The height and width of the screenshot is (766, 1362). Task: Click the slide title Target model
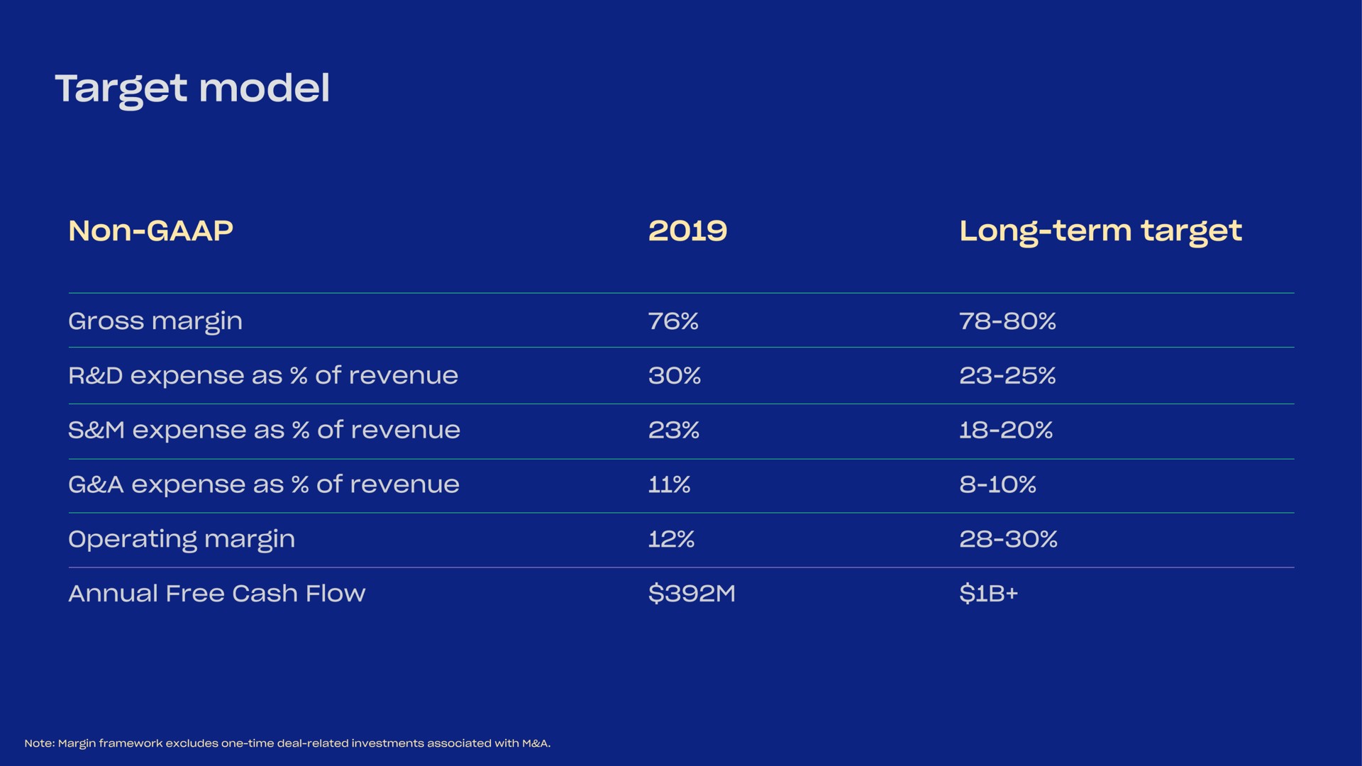click(x=192, y=90)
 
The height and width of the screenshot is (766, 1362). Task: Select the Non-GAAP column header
click(x=150, y=231)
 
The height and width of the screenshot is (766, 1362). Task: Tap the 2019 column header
click(x=687, y=231)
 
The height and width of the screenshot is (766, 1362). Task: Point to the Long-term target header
click(x=1100, y=232)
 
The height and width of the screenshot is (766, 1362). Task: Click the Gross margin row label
click(x=155, y=322)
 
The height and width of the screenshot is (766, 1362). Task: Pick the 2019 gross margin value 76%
click(x=673, y=321)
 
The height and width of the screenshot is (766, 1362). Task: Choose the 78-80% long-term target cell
click(x=1007, y=321)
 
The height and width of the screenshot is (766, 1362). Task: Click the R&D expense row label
click(x=263, y=376)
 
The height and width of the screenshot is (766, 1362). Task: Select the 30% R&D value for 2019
click(x=674, y=375)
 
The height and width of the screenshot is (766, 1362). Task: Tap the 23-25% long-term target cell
click(x=1007, y=375)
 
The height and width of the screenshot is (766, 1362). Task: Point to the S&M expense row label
click(x=264, y=431)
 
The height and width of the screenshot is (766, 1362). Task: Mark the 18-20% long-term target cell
click(x=1006, y=430)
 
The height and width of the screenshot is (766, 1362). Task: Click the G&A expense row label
click(x=264, y=485)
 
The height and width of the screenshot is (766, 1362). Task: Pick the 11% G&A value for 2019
click(x=669, y=484)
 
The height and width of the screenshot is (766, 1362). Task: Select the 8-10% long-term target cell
click(x=997, y=484)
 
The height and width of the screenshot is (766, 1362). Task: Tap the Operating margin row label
click(x=182, y=540)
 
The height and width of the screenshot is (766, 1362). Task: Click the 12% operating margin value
click(x=671, y=539)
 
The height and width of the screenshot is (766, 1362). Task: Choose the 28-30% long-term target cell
click(x=1008, y=539)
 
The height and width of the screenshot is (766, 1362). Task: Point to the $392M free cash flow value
click(x=692, y=593)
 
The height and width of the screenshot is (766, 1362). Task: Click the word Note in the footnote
click(x=40, y=743)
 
